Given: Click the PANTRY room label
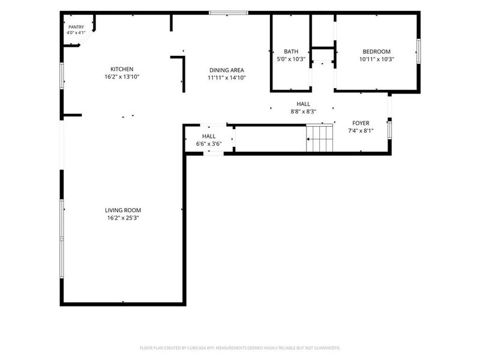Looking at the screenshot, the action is point(76,27).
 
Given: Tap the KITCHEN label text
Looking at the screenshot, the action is point(122,69).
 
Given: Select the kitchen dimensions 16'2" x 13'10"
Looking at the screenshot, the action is point(122,77).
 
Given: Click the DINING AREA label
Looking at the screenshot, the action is point(227,70).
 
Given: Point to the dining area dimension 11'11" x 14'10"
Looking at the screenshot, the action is point(227,78).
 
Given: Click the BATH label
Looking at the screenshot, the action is point(291,52).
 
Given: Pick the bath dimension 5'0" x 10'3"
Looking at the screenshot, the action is point(291,59).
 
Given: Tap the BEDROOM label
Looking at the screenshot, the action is point(377,52).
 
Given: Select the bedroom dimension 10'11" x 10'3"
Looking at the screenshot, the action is point(377,59).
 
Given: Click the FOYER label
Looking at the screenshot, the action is point(361,123).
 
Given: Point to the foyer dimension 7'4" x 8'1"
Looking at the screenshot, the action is point(361,131).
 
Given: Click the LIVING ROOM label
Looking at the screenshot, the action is point(123,211).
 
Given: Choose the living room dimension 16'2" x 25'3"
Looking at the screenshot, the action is point(123,218).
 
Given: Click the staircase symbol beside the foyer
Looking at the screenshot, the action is point(320,138).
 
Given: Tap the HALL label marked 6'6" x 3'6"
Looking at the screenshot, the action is point(209,136).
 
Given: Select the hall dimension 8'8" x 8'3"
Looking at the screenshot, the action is point(303,112).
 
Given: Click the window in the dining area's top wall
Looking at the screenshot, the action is point(229,13).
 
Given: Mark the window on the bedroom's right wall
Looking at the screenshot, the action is point(418,51).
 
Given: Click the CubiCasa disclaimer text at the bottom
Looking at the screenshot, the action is point(240,348).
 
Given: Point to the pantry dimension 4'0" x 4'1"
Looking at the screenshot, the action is point(76,33).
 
